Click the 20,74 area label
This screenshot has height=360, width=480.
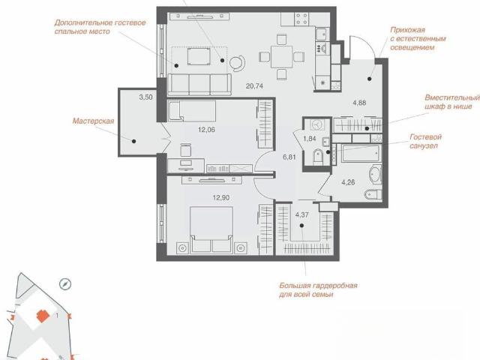pos(254,86)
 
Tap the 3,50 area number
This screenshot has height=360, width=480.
pos(145,97)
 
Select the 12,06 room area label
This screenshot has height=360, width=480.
pos(206,130)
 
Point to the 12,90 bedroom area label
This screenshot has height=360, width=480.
pos(221,198)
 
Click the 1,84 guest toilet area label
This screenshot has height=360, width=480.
pos(310,139)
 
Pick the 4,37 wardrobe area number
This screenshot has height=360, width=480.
pos(301,215)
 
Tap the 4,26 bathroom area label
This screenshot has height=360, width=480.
pos(348,182)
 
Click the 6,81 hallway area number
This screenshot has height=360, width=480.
pos(289,157)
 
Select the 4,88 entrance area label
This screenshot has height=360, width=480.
pos(359,103)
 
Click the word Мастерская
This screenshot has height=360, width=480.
pos(93,121)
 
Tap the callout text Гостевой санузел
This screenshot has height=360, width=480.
pos(424,141)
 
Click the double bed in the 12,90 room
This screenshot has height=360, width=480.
pos(211,229)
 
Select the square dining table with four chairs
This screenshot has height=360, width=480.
pos(282,57)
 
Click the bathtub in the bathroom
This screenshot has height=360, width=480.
pos(361,153)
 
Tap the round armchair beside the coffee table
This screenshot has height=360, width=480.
pos(237,63)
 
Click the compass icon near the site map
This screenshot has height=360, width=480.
pos(65,284)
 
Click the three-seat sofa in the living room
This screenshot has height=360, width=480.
pos(199,85)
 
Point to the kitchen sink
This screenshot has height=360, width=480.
pos(322,34)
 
